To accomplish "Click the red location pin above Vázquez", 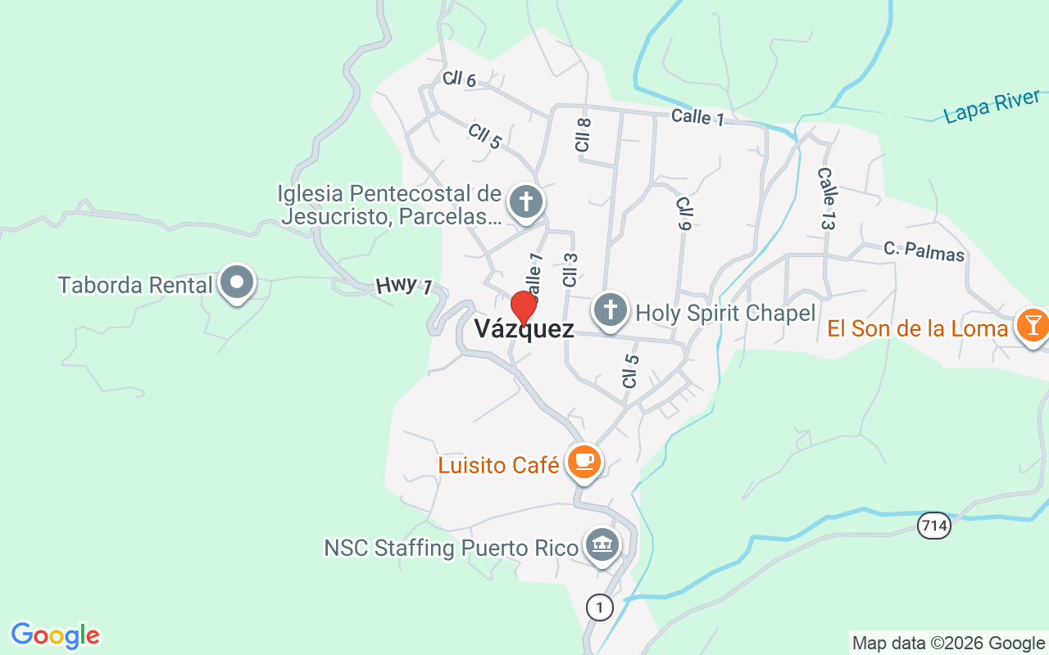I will (524, 308).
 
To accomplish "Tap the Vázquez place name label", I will (524, 330).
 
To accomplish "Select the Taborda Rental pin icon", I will (238, 283).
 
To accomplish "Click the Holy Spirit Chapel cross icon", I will (610, 311).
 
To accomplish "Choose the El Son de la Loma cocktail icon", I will (1032, 324).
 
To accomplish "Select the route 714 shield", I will (934, 525).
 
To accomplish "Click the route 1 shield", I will (600, 607).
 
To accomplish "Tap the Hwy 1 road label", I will (404, 286).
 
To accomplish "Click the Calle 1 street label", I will (697, 117).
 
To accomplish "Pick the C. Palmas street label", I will (924, 251).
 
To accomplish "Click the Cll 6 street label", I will (459, 79).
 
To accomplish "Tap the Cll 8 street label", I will (583, 134).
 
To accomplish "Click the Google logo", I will (56, 635).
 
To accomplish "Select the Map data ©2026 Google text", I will (948, 644).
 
